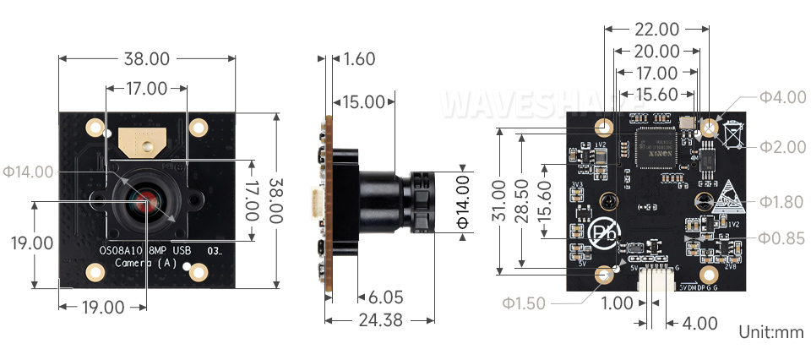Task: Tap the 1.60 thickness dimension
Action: click(x=359, y=59)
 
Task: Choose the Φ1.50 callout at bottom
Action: click(x=524, y=303)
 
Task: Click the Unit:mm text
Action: click(x=771, y=332)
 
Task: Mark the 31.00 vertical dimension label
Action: click(x=498, y=201)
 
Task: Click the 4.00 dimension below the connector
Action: click(x=700, y=324)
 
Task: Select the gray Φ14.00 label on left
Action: click(x=29, y=172)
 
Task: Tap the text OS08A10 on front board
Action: click(x=122, y=250)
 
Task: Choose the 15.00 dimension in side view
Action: click(x=364, y=102)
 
